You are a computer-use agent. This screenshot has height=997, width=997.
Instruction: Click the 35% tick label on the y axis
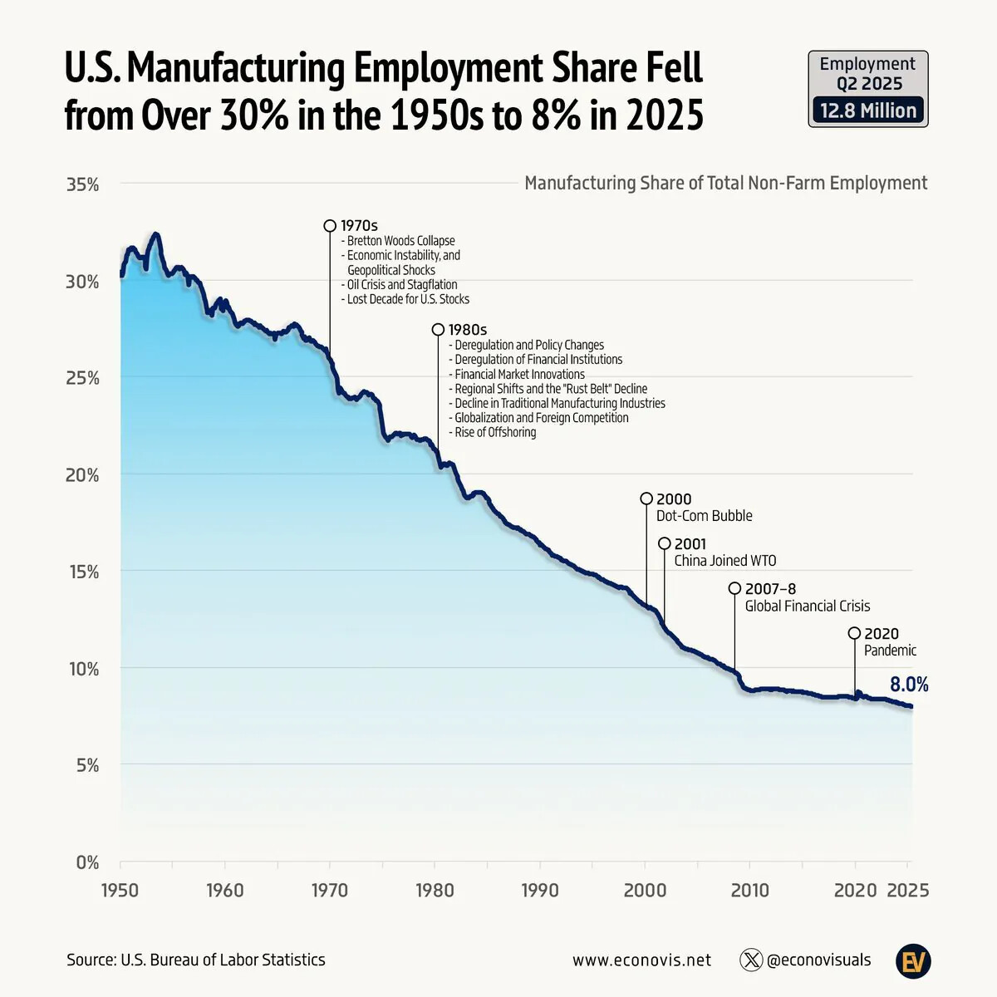[82, 184]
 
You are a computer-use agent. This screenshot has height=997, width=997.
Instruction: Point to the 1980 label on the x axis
[435, 891]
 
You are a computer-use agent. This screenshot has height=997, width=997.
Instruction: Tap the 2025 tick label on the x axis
[908, 891]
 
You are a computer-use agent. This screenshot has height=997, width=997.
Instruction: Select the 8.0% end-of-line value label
[909, 685]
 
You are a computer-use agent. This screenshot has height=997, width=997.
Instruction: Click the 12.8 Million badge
[868, 111]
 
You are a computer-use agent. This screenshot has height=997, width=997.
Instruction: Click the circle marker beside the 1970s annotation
[330, 226]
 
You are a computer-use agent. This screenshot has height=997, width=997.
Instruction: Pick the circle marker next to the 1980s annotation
[438, 330]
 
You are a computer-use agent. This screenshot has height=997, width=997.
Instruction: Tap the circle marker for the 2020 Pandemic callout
[854, 633]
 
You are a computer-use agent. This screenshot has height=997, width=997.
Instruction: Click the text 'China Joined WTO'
[724, 561]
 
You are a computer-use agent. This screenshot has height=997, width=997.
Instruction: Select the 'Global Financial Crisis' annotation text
[807, 606]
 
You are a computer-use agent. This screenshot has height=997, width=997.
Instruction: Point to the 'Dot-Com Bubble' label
[704, 516]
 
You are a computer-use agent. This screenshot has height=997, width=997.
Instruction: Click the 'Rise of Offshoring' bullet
[494, 432]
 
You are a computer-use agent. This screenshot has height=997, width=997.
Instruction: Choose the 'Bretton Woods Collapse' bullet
[400, 241]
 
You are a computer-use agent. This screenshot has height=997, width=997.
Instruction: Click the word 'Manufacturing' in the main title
[235, 68]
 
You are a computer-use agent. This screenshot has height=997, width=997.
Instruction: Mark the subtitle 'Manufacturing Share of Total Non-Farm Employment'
[725, 183]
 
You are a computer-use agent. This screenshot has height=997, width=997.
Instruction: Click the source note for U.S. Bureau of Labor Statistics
[196, 960]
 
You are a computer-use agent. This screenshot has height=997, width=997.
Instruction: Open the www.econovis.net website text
[641, 960]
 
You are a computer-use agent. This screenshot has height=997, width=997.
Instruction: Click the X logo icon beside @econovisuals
[751, 960]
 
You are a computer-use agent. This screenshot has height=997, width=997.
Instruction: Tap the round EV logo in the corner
[913, 961]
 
